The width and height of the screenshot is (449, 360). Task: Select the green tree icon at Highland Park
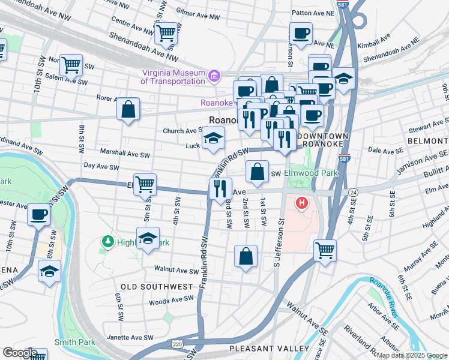point(109,242)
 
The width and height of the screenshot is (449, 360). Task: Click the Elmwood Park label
point(312,173)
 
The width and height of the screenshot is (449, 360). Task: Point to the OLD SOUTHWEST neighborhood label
point(157,287)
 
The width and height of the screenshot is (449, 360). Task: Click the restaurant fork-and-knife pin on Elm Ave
point(220,188)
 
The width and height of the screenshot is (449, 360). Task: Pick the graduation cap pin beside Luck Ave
point(212,138)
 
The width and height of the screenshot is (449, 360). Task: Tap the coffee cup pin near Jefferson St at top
point(301,33)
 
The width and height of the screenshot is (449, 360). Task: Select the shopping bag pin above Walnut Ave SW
point(246,256)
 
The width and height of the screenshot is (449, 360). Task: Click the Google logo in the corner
point(19,353)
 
